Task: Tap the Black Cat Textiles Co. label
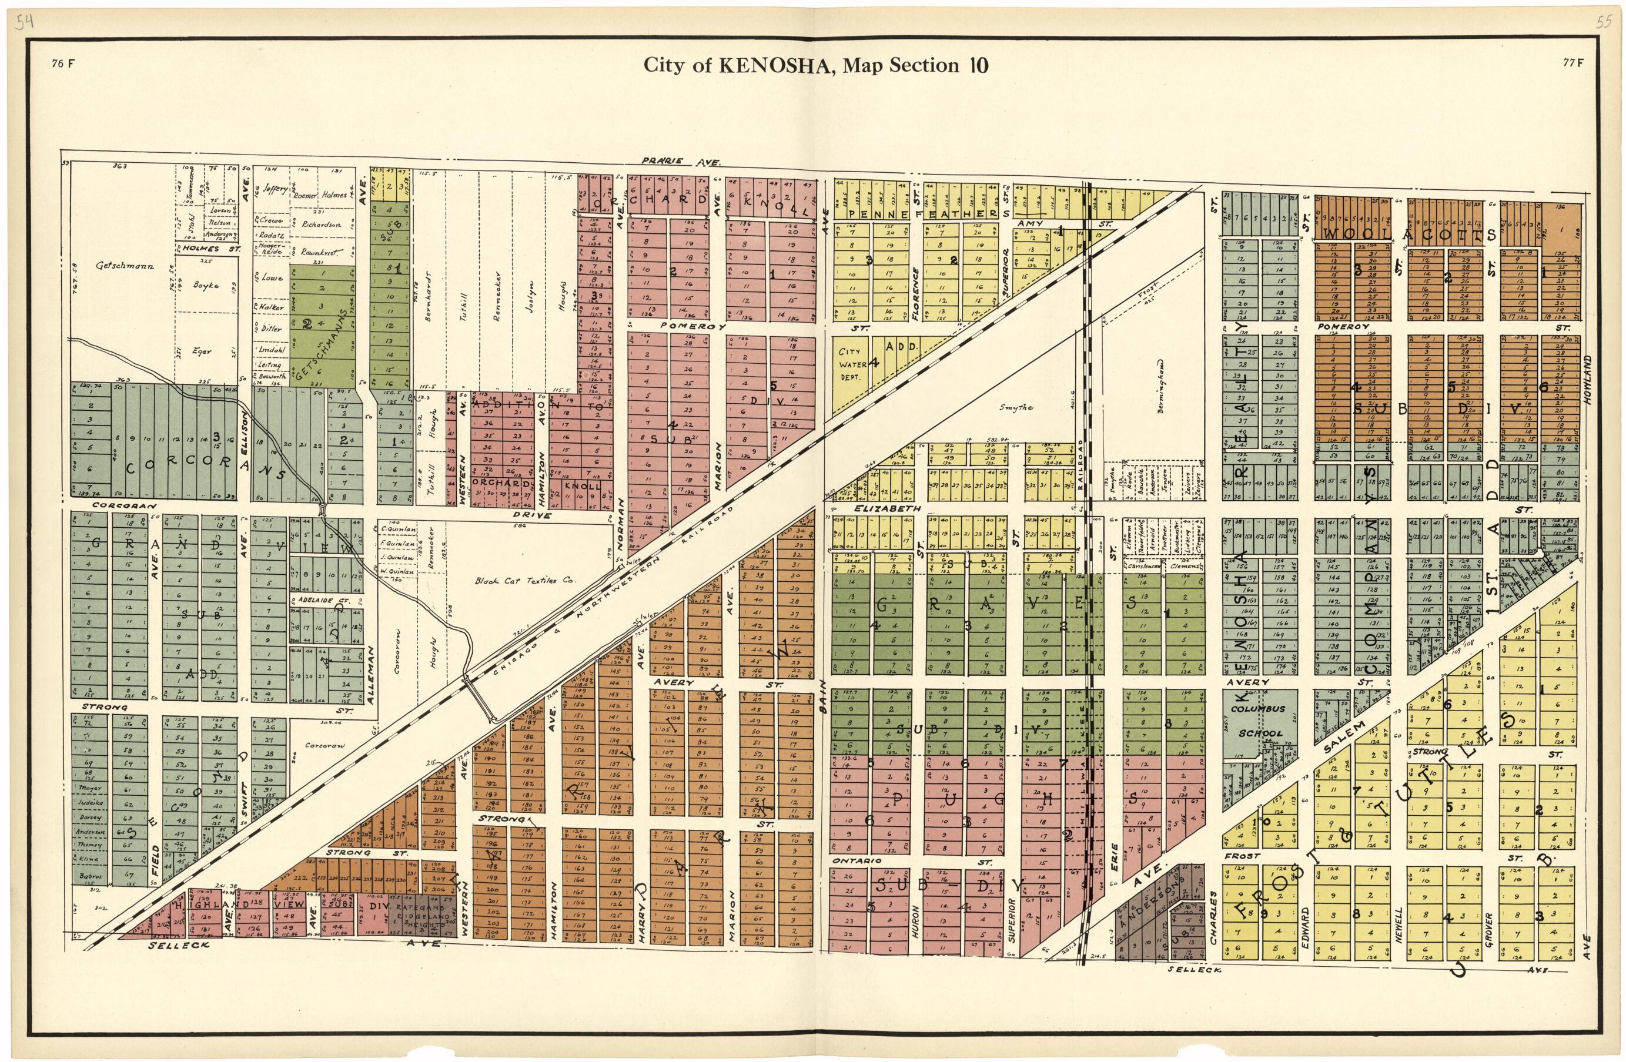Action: [x=526, y=581]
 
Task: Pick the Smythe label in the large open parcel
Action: [x=1016, y=408]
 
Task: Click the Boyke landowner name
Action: [x=206, y=286]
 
